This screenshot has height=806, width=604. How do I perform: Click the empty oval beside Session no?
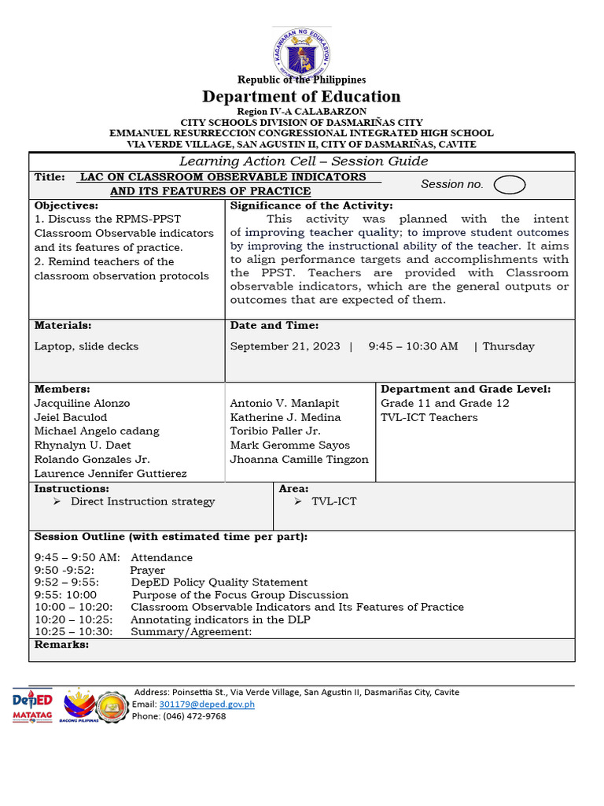510,184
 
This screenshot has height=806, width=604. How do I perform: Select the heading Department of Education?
302,97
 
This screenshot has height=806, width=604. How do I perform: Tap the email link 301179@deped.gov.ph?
206,704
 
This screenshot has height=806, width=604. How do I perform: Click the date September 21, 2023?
285,346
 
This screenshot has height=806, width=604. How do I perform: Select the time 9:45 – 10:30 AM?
413,346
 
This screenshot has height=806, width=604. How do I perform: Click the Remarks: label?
61,645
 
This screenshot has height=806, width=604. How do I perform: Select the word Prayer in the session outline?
148,570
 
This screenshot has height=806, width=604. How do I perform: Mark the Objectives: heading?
65,205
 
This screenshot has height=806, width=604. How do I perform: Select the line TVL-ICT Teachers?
429,417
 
